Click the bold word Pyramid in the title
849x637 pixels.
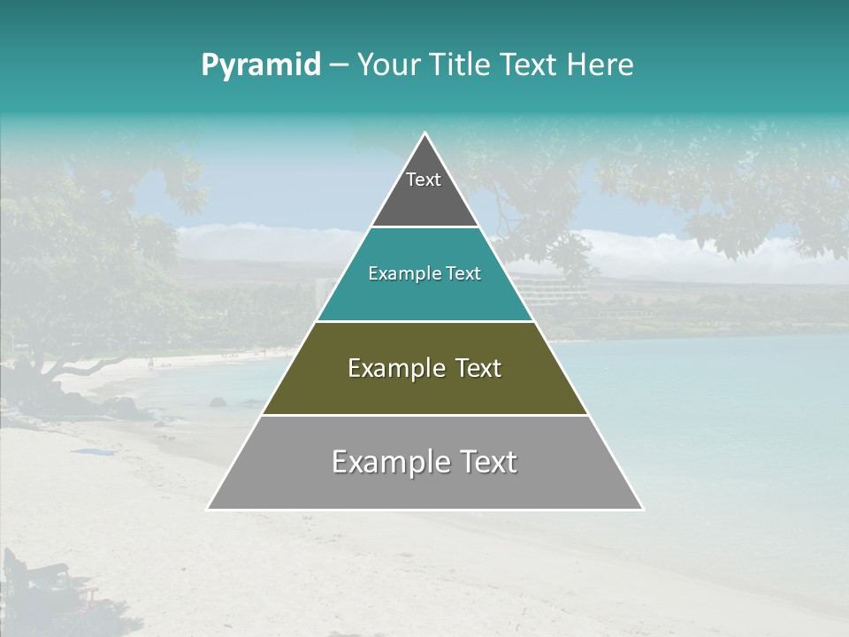click(261, 65)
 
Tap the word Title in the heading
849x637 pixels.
click(460, 65)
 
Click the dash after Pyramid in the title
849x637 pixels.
click(339, 65)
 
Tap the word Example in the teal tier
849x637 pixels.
click(398, 274)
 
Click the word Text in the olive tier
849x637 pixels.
click(475, 368)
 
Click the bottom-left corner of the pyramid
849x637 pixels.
click(209, 509)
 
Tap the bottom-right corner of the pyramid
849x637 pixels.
click(642, 509)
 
